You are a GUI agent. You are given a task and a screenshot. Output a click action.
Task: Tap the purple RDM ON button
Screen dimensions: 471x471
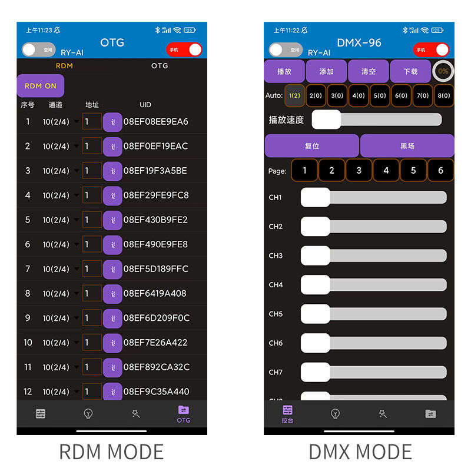point(41,86)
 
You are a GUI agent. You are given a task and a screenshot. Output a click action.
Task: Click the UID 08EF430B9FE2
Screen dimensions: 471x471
point(155,220)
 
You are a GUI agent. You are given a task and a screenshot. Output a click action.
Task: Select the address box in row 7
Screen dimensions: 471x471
point(92,269)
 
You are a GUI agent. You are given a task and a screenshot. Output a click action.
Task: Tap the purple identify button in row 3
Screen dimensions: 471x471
point(112,171)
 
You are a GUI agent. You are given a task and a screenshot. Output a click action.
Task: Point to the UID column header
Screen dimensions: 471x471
point(145,105)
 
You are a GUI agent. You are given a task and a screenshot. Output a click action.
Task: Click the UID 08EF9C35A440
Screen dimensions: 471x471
point(156,392)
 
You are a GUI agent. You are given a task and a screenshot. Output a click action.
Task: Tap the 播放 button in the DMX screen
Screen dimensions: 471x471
point(284,71)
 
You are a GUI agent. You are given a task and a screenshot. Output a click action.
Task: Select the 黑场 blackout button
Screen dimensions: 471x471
point(407,146)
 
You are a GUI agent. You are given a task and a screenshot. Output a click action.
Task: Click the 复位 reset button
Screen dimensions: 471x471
point(311,146)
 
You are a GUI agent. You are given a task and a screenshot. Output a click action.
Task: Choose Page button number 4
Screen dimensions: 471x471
point(386,171)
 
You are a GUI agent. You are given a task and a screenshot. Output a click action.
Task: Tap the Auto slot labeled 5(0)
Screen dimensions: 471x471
point(380,95)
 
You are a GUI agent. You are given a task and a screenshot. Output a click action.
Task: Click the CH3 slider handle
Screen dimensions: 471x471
point(316,256)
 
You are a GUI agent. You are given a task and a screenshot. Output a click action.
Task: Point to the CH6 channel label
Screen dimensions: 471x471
point(276,343)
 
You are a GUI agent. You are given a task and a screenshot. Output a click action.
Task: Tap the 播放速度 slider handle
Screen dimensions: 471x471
point(326,120)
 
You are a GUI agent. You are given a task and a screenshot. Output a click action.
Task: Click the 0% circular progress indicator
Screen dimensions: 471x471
point(443,71)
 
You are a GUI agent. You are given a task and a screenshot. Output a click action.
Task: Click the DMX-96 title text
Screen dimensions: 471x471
point(359,42)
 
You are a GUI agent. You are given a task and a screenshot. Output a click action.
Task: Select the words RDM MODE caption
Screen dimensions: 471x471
point(111,452)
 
